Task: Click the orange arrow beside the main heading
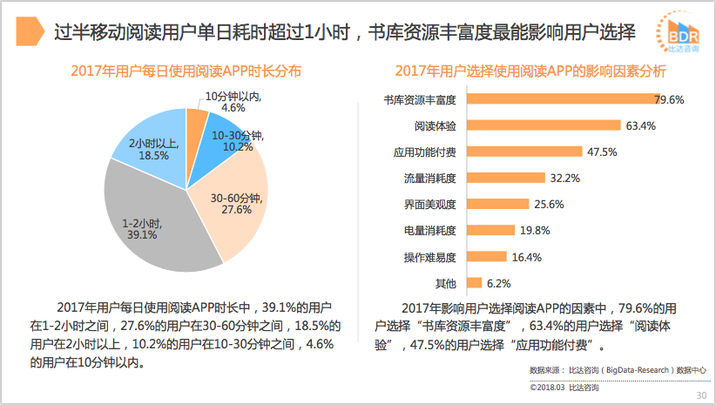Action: [32, 34]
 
